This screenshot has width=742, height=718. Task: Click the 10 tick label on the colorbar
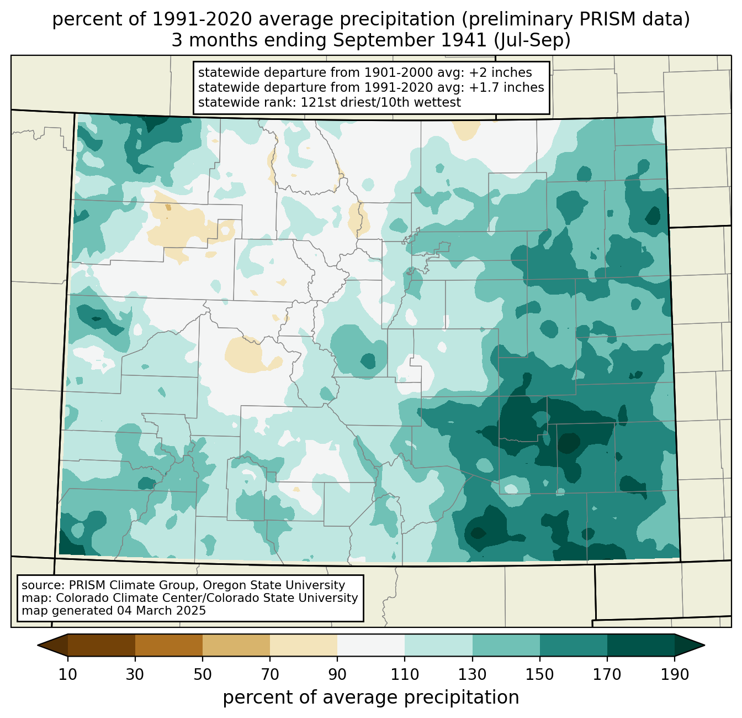coord(67,674)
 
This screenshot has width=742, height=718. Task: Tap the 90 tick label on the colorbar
coord(337,674)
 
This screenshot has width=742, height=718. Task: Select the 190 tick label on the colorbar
coord(674,674)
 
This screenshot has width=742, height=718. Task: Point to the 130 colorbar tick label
coord(472,674)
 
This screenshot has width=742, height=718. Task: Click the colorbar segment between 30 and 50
coord(168,645)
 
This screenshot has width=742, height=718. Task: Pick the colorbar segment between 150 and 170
coord(573,645)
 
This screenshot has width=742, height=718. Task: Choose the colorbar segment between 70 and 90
coord(304,645)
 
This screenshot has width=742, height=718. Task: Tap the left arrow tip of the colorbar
coord(38,645)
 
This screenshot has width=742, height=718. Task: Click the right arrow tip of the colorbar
coord(704,645)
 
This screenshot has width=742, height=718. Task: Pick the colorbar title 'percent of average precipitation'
coord(370,697)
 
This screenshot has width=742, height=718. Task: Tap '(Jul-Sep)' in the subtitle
coord(532,40)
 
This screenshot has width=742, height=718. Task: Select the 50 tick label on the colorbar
coord(202,674)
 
